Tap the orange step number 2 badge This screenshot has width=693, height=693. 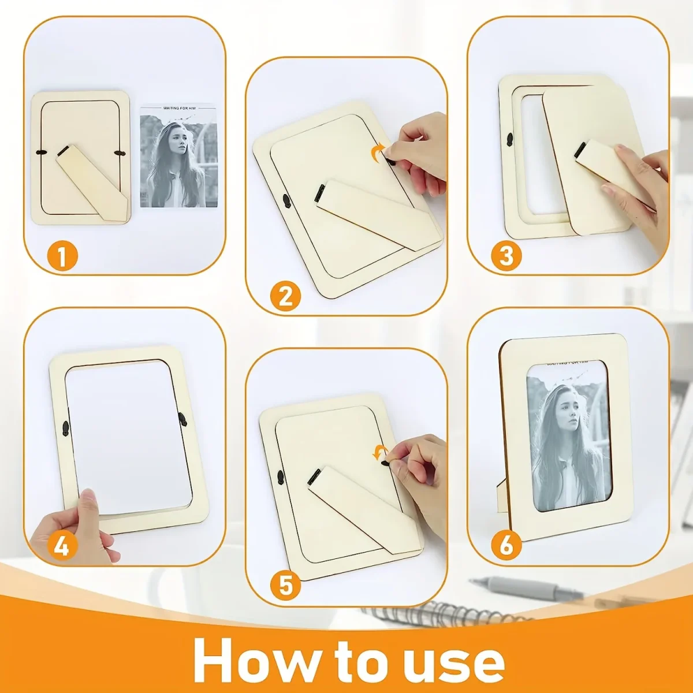(x=285, y=297)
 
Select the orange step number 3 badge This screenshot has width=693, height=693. (x=506, y=256)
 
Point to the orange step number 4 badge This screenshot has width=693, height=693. (x=62, y=545)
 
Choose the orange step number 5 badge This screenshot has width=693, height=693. (x=285, y=586)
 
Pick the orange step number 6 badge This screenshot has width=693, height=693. (x=506, y=544)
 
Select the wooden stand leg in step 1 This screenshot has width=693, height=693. (x=92, y=183)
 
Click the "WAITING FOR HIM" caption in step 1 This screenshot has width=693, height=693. (x=178, y=108)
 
